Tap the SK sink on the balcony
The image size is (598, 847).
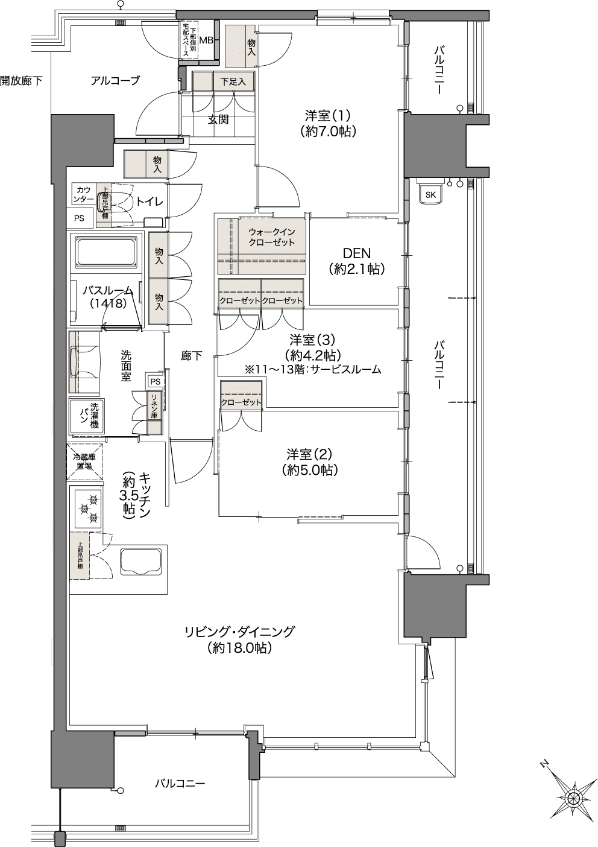coord(430,194)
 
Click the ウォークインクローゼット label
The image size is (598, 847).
coord(271,236)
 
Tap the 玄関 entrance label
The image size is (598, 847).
coord(218,119)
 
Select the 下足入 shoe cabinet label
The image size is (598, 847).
coord(233,81)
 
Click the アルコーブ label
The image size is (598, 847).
coord(115,81)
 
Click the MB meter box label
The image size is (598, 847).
coord(206,40)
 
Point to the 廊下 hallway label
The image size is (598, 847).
coord(191,356)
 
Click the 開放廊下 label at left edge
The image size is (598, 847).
coord(22,80)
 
